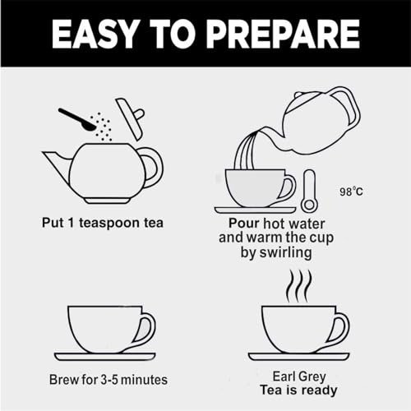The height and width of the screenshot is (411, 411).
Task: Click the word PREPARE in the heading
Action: (283, 35)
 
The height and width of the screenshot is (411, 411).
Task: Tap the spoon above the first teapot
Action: (76, 119)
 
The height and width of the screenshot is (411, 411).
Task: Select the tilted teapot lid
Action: (130, 118)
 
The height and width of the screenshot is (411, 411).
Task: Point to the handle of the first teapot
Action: (154, 167)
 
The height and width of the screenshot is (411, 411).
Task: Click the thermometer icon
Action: (310, 192)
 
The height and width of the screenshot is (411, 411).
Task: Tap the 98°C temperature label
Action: (351, 192)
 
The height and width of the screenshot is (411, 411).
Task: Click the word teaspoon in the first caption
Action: (110, 224)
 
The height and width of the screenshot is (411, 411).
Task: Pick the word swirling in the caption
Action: (285, 252)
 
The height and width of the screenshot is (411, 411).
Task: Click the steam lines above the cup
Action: (299, 286)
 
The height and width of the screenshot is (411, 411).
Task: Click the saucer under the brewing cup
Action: (105, 357)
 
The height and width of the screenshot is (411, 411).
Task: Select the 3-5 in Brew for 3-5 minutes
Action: (109, 380)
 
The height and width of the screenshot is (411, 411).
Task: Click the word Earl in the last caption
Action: (284, 376)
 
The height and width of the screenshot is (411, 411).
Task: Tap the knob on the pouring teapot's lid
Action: (298, 95)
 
